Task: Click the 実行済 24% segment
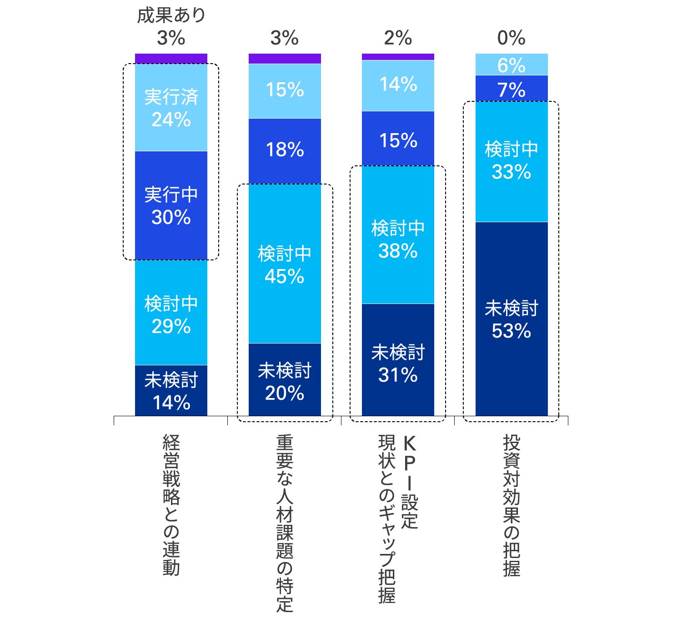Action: click(x=171, y=108)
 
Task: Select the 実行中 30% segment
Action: click(x=171, y=205)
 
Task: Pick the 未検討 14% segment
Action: click(x=171, y=391)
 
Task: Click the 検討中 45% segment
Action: click(x=285, y=264)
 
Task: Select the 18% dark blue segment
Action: click(x=285, y=150)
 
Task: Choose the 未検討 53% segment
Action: click(x=511, y=319)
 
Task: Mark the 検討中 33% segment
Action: click(x=511, y=161)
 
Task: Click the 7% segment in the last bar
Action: click(x=511, y=89)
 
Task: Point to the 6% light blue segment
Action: click(x=511, y=65)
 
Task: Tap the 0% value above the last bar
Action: click(x=511, y=38)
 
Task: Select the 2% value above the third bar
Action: click(x=398, y=38)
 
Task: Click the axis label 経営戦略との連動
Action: click(x=171, y=504)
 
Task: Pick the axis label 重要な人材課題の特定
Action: click(x=285, y=523)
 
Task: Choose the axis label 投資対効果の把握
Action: click(x=511, y=504)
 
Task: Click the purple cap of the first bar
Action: click(x=171, y=59)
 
